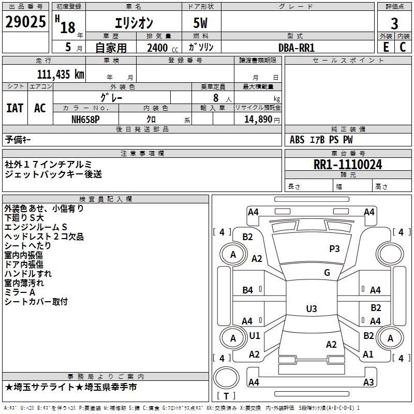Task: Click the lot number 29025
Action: coord(25,22)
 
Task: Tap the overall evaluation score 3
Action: coord(394,23)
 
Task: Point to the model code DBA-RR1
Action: coord(296,47)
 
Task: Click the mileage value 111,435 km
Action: coord(61,74)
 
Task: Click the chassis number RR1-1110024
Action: coord(348,165)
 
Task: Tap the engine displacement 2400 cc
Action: coord(161,48)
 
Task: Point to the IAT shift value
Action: coord(14,108)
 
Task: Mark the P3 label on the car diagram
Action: coord(334,249)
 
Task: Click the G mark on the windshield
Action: coord(327,273)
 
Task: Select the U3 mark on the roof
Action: coord(311,309)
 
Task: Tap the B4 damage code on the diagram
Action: coord(248,290)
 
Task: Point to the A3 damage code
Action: coord(368,382)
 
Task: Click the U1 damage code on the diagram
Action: coord(254,336)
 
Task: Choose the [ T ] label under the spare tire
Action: coord(226,396)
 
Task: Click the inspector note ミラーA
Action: coord(21,292)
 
